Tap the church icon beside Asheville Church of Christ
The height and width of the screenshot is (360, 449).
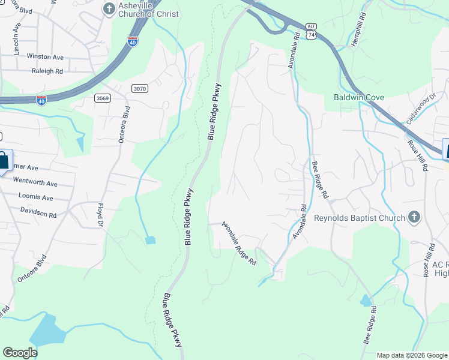coord(109,8)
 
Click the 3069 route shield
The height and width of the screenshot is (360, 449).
coord(102,98)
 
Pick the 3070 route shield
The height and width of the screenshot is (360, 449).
coord(139,89)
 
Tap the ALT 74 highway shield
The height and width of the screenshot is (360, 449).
coord(310,32)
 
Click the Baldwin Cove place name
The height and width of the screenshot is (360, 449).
coord(359,97)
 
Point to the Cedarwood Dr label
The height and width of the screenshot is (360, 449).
coord(420,108)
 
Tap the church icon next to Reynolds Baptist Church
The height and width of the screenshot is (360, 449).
coord(414,217)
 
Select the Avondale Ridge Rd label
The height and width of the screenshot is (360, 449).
coord(239,244)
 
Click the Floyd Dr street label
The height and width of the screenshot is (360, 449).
coord(100,215)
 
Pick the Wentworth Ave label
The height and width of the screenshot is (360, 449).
coord(35,184)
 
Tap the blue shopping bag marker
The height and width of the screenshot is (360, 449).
coord(4,161)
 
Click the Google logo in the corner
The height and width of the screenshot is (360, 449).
coord(20,353)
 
